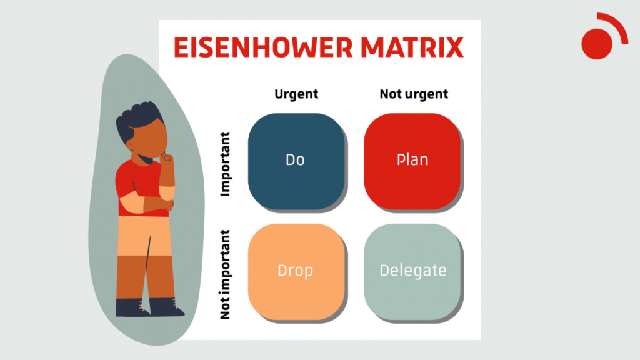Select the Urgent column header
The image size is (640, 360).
pos(296,94)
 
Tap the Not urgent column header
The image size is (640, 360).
pos(414,94)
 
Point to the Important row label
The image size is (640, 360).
pos(226,164)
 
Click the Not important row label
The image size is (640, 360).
pos(226,275)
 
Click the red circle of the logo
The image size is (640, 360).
pos(596,44)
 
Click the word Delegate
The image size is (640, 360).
pos(413,271)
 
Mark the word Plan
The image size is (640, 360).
pos(412,159)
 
